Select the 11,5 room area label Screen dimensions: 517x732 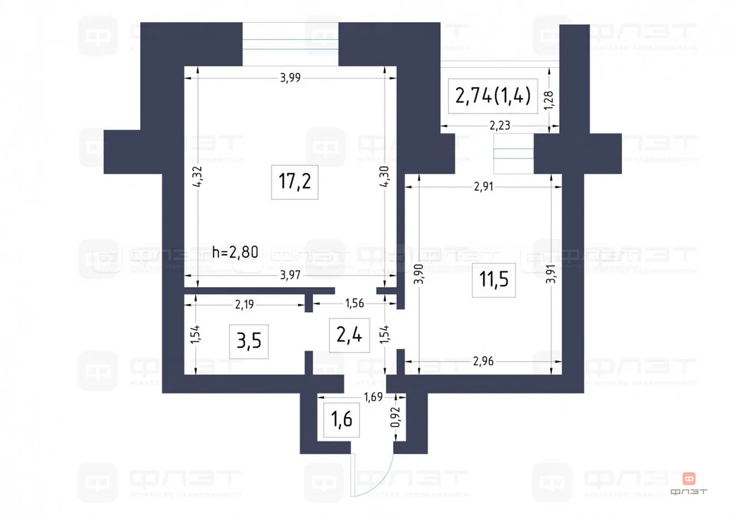point(493,279)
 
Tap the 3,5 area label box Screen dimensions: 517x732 point(248,341)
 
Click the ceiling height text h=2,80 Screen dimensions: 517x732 point(235,251)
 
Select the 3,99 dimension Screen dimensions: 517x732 point(290,79)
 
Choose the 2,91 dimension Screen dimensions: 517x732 point(484,189)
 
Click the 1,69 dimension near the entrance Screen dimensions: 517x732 point(375,397)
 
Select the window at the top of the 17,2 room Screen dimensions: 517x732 point(290,44)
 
